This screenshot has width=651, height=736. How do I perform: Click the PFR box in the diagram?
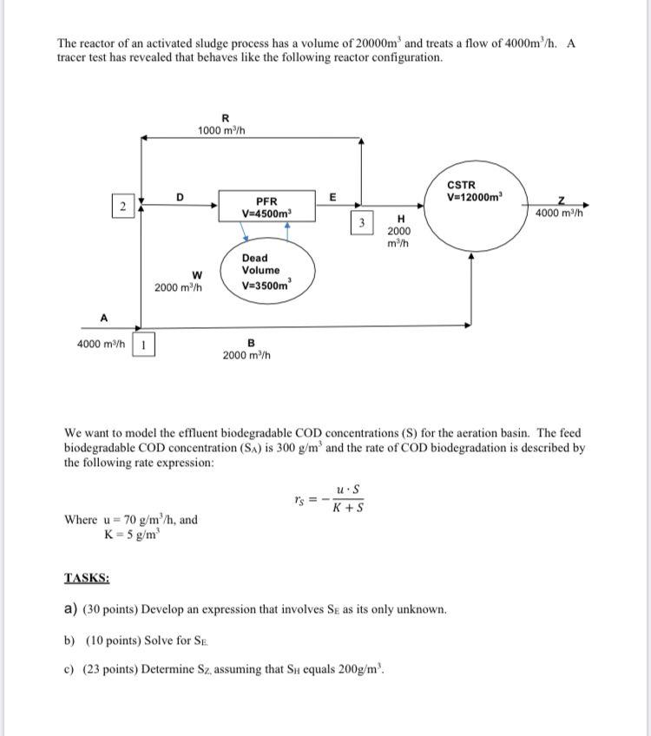pos(267,207)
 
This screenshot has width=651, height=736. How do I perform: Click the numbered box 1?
pos(143,345)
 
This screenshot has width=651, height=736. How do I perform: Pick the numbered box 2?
pos(123,206)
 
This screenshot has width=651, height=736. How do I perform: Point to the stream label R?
pos(226,118)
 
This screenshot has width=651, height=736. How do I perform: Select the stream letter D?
pos(180,197)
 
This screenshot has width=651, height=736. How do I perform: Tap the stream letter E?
pos(332,197)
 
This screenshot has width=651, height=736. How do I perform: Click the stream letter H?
pos(400,219)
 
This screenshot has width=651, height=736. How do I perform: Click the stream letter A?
pos(103,318)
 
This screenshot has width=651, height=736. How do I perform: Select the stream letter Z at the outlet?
pos(563,200)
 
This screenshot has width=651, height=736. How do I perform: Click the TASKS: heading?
pos(87,578)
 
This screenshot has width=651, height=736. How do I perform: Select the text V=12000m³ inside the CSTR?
pos(475,197)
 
